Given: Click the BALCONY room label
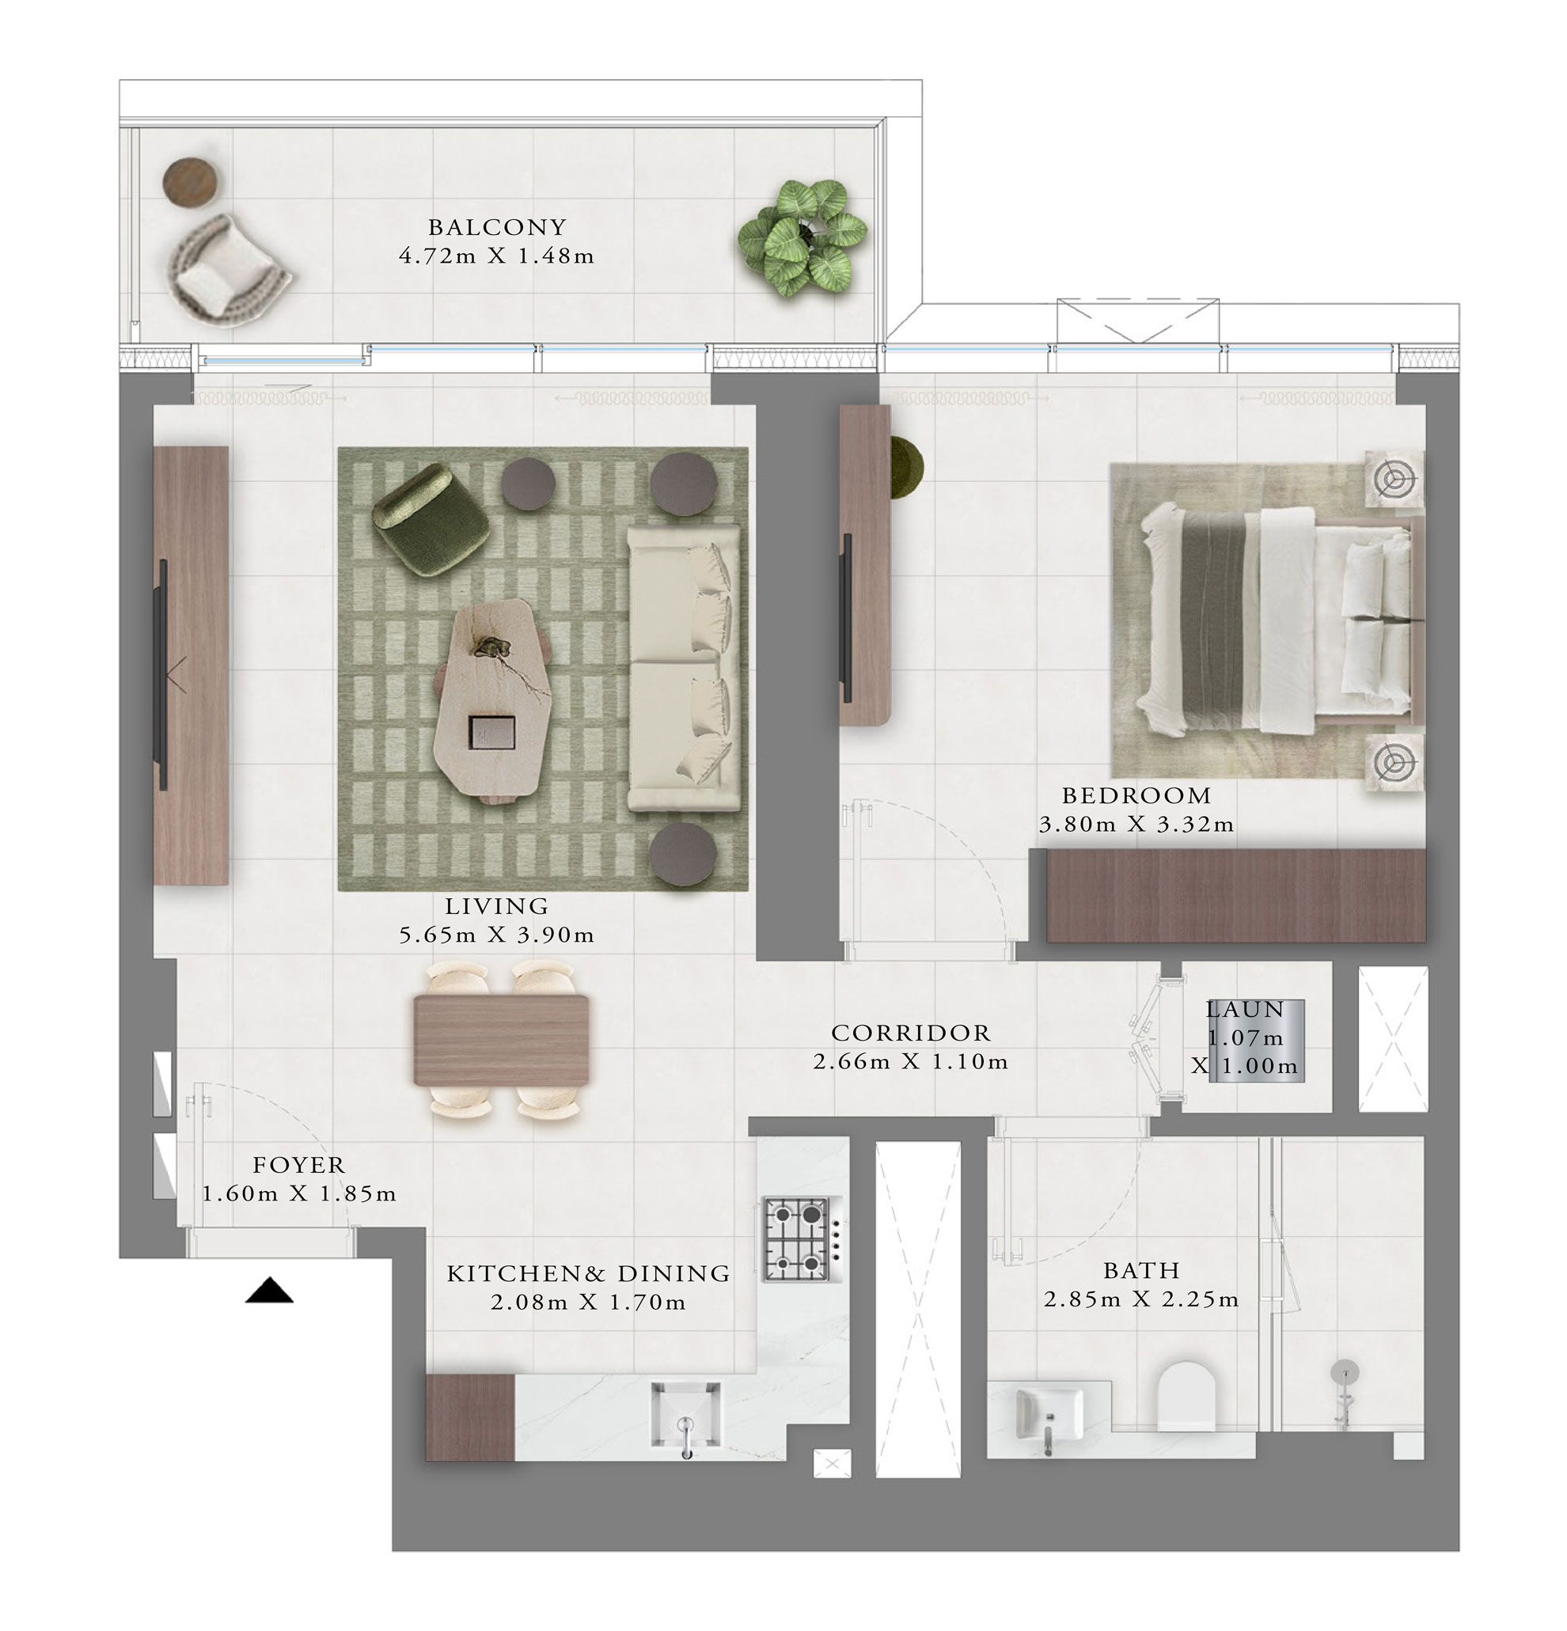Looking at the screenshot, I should [x=497, y=227].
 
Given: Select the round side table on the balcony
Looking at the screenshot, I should [x=190, y=180].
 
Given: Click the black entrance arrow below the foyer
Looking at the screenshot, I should [x=269, y=1291].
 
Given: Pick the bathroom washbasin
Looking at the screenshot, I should [x=1049, y=1414].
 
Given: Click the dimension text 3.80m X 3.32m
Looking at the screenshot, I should [x=1136, y=825].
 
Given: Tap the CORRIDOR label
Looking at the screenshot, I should [x=910, y=1033].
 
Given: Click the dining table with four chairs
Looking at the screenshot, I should [x=501, y=1039].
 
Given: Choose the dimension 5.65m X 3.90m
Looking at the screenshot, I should [x=497, y=935].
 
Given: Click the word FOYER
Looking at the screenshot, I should [x=298, y=1165].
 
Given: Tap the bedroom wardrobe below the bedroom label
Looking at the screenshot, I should [x=1235, y=895].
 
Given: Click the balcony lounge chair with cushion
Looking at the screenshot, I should [x=225, y=268].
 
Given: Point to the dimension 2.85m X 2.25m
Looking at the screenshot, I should [x=1141, y=1299].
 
